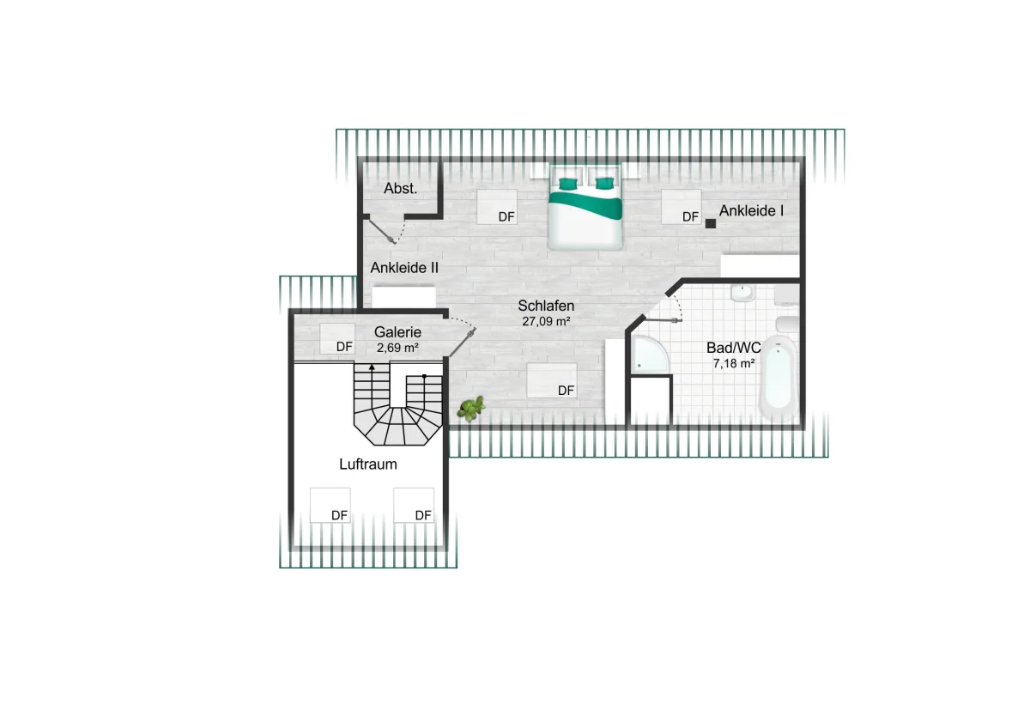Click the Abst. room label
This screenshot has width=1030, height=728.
[400, 189]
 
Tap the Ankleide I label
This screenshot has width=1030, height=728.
[751, 210]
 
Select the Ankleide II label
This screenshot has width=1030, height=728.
[404, 268]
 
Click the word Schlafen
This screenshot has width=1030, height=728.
[546, 306]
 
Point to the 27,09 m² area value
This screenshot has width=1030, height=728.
[546, 321]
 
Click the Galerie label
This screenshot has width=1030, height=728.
[397, 332]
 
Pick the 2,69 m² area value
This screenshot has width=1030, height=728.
[397, 348]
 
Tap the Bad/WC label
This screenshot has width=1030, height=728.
[733, 348]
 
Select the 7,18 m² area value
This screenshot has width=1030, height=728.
[733, 363]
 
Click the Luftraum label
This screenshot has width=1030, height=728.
[368, 464]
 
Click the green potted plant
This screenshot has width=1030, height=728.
[471, 409]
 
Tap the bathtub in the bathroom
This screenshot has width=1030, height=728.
[778, 378]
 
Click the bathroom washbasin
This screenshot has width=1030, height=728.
[742, 294]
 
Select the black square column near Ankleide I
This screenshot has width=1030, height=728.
[711, 224]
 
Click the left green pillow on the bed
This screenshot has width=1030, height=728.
[568, 184]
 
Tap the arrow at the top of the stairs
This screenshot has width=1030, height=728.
[372, 367]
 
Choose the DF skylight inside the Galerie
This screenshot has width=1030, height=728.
[337, 339]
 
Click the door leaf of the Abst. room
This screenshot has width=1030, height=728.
[381, 231]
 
